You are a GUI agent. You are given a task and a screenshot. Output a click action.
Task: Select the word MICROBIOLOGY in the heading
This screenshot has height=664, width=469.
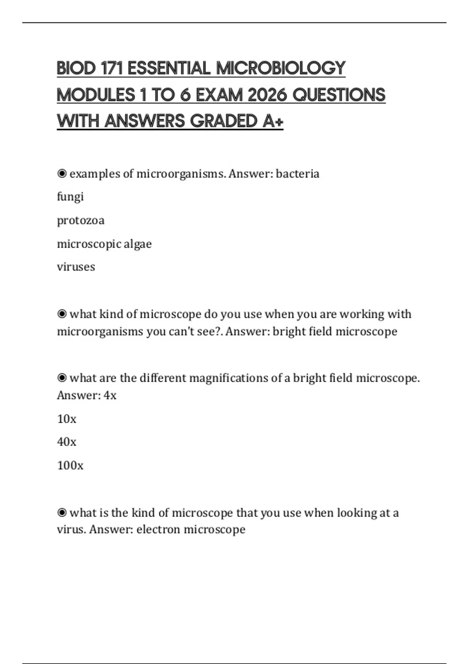(281, 68)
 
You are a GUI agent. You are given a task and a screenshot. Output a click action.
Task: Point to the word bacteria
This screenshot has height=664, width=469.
(297, 174)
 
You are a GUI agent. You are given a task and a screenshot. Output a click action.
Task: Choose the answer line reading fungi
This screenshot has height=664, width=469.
(70, 196)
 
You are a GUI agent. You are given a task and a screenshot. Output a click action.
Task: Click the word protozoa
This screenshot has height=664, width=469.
(81, 220)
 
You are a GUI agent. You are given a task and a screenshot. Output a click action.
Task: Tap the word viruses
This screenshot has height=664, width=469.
(76, 267)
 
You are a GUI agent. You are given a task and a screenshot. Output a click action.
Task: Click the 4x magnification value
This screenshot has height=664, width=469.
(110, 395)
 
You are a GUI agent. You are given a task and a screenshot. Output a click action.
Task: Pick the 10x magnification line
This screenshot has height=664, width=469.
(66, 419)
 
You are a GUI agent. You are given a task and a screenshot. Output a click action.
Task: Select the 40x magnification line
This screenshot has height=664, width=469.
(66, 442)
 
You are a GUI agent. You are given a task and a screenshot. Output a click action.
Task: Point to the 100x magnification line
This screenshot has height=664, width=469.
(70, 466)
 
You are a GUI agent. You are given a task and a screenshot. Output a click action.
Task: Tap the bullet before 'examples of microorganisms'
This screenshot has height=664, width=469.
(62, 173)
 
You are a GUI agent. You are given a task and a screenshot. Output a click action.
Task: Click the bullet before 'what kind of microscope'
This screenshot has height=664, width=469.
(62, 314)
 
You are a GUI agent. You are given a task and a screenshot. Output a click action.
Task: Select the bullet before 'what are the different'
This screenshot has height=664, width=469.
(62, 378)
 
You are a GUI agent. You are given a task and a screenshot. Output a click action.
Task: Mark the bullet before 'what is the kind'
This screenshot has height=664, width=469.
(62, 512)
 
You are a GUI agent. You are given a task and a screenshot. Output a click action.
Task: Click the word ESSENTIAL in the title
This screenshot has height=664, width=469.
(169, 68)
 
